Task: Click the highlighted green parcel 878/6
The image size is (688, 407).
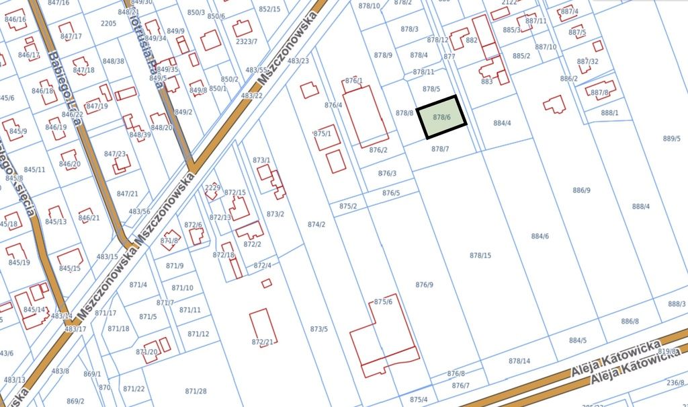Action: click(441, 117)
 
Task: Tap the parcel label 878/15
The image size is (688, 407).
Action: click(480, 255)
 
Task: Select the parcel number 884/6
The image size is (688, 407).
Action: click(540, 236)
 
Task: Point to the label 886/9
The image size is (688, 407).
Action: click(581, 190)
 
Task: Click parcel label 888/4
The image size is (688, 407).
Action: click(641, 206)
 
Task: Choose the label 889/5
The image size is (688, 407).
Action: click(671, 139)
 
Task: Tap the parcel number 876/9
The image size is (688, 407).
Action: click(425, 285)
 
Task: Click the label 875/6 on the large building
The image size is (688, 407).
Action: click(383, 301)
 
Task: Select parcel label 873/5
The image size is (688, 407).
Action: click(319, 329)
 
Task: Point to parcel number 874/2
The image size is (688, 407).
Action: click(316, 224)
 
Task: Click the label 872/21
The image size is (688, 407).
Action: click(263, 342)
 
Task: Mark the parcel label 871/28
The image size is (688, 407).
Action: click(196, 391)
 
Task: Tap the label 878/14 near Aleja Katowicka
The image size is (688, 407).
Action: click(519, 361)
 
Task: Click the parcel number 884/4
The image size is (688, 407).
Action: click(503, 123)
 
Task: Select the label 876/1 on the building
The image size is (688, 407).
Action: click(354, 81)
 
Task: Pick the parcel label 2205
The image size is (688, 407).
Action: click(108, 24)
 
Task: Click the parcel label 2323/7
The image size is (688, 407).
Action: click(247, 41)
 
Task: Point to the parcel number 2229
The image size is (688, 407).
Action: click(213, 188)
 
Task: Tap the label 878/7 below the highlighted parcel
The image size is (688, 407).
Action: click(440, 149)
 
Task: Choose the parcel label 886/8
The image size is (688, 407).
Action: click(630, 321)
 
